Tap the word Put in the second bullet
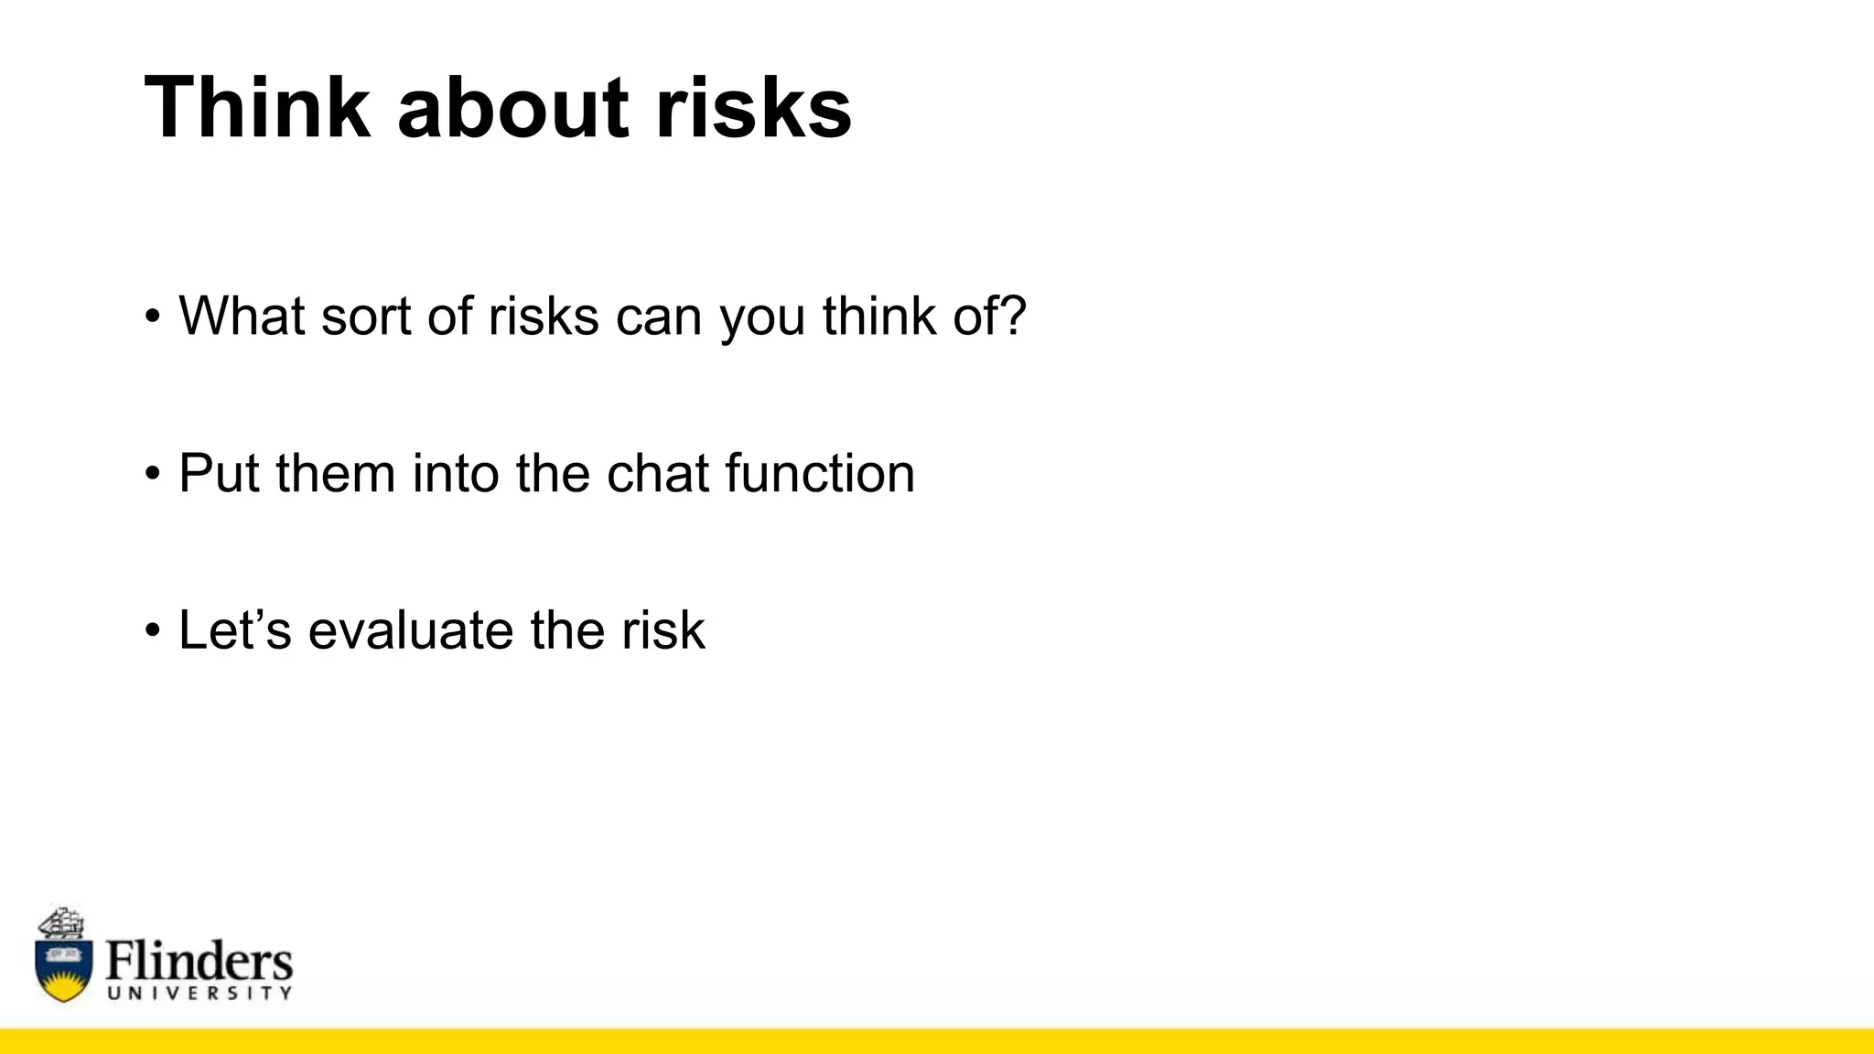click(x=219, y=473)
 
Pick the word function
click(x=820, y=473)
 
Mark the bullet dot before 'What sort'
click(x=152, y=317)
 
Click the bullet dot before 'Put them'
click(x=152, y=475)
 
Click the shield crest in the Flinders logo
click(x=64, y=968)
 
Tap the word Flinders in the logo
click(x=199, y=960)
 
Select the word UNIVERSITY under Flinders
click(x=199, y=994)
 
